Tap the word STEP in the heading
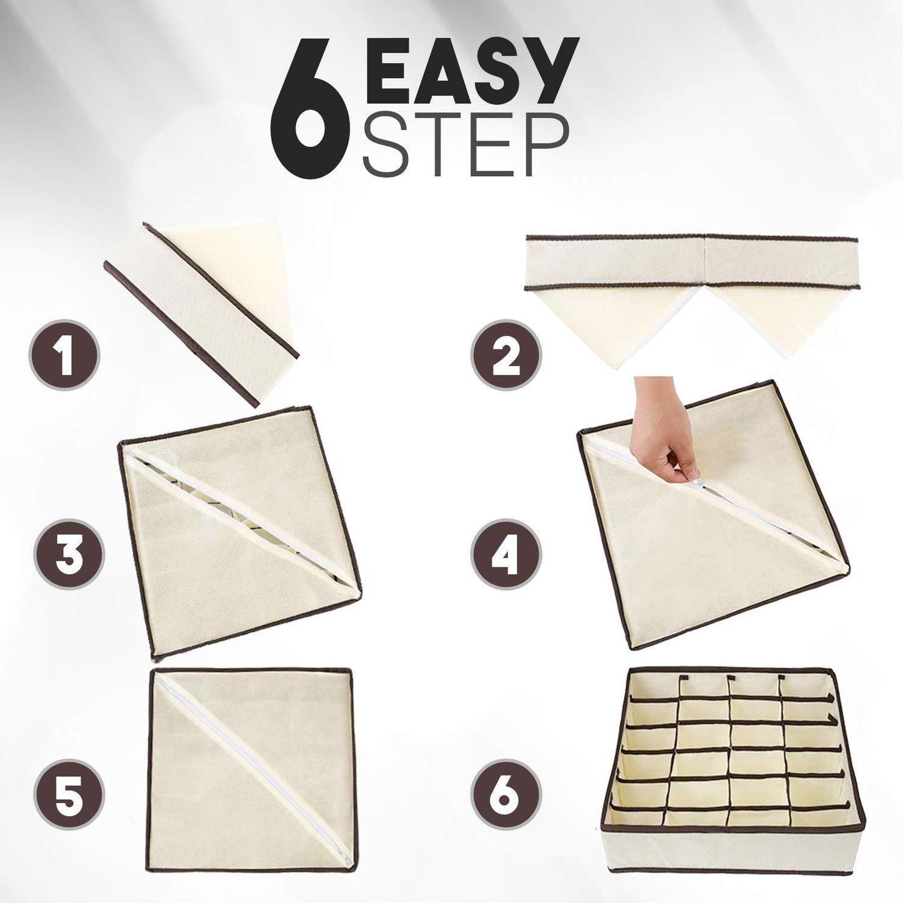[x=466, y=144]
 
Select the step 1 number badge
[x=64, y=354]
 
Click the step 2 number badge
[x=506, y=354]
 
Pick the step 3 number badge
[x=69, y=554]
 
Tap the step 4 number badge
[x=506, y=554]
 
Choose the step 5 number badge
[x=69, y=754]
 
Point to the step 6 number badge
[x=506, y=754]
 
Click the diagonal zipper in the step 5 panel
[x=253, y=754]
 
